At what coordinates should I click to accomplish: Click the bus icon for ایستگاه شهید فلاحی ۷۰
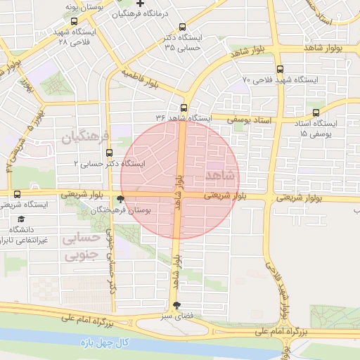click(281, 69)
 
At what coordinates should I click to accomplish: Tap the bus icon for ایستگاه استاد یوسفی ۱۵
click(314, 112)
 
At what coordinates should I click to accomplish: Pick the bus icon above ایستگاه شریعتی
click(17, 194)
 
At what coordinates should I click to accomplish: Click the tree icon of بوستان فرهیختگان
click(122, 200)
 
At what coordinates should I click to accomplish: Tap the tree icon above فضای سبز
click(176, 304)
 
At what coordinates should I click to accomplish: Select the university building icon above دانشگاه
click(15, 219)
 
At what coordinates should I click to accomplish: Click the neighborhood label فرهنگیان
click(86, 135)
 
